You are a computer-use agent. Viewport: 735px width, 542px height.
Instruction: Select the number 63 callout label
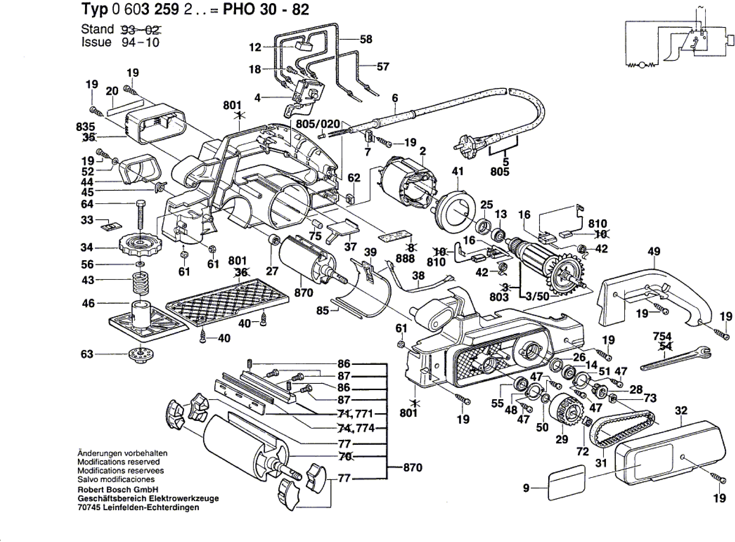click(87, 354)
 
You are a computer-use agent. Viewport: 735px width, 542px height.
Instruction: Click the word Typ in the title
click(94, 10)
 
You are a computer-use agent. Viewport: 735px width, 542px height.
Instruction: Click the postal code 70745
click(89, 507)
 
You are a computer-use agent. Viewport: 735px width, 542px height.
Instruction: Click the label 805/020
click(318, 124)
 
